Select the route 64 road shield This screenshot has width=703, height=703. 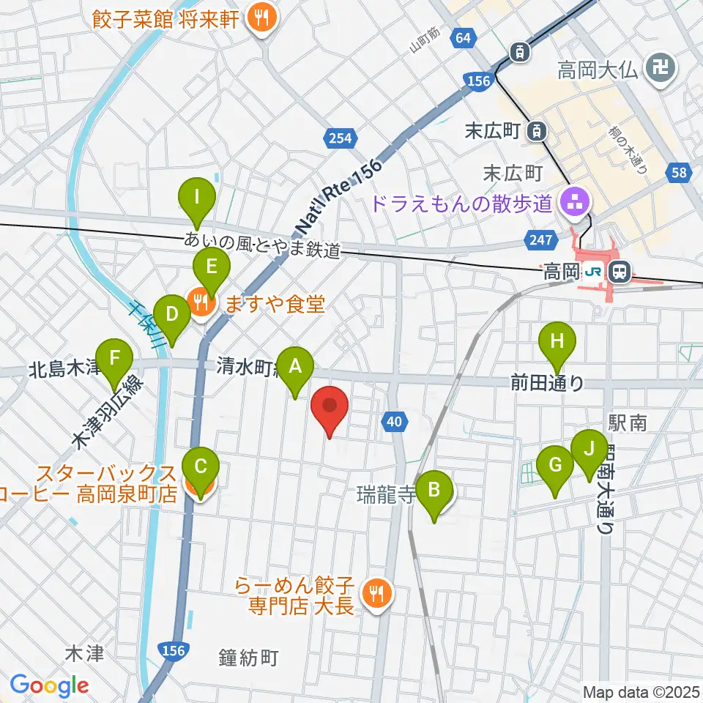click(461, 38)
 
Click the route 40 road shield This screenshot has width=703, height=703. click(394, 420)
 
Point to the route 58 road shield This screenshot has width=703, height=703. click(677, 173)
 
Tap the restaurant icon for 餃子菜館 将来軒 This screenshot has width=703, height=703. click(258, 20)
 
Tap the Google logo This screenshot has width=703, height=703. click(49, 685)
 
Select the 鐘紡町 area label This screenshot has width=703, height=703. click(249, 658)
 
